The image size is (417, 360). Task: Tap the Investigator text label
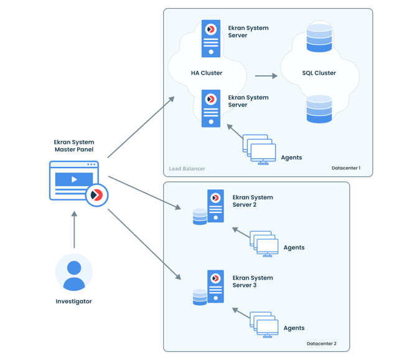click(74, 301)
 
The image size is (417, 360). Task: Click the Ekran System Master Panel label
click(74, 146)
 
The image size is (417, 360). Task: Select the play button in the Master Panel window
click(74, 179)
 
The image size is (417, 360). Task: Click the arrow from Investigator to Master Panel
click(74, 230)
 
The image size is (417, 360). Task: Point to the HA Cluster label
click(207, 73)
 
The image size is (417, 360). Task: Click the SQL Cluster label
click(319, 73)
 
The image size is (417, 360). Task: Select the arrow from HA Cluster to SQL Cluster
click(266, 76)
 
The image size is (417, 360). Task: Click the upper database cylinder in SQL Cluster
click(319, 37)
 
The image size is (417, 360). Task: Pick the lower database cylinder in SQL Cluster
click(319, 109)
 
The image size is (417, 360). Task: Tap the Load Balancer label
click(187, 169)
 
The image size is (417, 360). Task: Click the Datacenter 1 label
click(346, 168)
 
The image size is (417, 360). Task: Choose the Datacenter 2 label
click(322, 344)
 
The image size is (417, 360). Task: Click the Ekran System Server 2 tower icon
click(216, 206)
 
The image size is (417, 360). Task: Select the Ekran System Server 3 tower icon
click(216, 287)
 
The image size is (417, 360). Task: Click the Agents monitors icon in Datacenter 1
click(260, 150)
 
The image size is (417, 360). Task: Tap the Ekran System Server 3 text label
click(253, 282)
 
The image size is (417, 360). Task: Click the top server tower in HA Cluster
click(211, 39)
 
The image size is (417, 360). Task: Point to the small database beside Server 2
click(200, 217)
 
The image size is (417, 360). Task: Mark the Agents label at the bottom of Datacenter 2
click(294, 328)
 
